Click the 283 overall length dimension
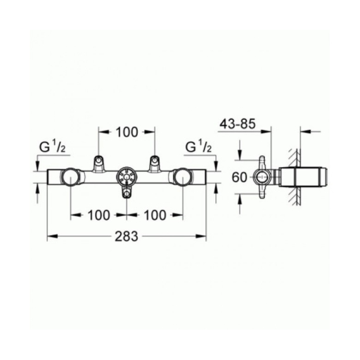click(127, 236)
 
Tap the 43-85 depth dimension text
click(238, 124)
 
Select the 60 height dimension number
click(239, 177)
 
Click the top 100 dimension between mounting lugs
click(127, 132)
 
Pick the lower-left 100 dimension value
click(99, 215)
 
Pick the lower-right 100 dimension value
click(155, 215)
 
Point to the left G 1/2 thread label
click(53, 147)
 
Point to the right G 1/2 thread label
click(198, 147)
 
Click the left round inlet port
click(70, 177)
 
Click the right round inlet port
click(183, 177)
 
